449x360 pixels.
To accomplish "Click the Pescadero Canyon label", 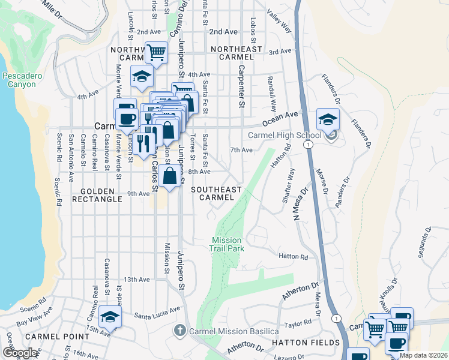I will [22, 81].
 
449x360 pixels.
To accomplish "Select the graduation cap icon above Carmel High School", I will [328, 120].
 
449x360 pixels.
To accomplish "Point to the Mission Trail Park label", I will [226, 244].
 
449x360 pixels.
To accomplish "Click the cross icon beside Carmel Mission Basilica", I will [179, 331].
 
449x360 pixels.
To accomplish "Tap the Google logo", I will [20, 353].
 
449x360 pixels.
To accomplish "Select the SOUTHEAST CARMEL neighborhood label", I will [215, 193].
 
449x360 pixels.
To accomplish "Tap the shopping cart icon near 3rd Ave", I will [156, 52].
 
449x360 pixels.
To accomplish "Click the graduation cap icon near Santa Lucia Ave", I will [110, 317].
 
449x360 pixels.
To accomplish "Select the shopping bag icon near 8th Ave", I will [170, 177].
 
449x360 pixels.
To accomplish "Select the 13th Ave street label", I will [136, 280].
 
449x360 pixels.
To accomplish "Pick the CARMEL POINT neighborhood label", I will [50, 337].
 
